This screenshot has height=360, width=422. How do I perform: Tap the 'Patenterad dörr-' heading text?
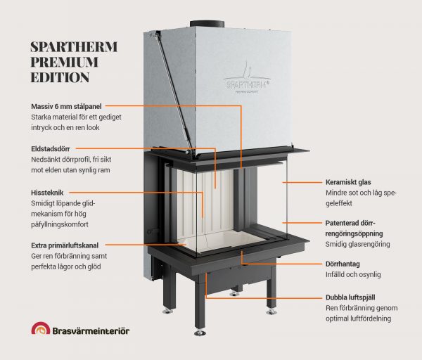point(354,222)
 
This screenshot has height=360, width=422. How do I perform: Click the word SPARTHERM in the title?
point(75,47)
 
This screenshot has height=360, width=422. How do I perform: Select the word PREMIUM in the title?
point(65,62)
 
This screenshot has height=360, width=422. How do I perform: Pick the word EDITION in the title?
point(60,77)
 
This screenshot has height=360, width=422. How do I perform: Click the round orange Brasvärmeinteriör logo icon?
point(41,330)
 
